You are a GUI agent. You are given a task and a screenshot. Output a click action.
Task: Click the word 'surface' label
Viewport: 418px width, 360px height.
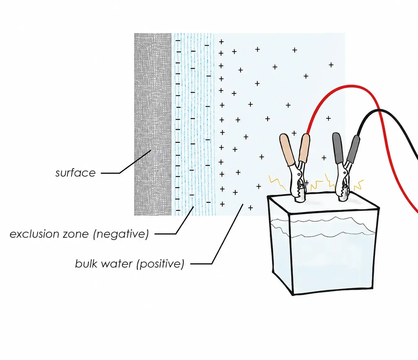pos(75,173)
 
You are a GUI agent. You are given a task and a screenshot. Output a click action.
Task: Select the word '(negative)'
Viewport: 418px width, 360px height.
pos(121,234)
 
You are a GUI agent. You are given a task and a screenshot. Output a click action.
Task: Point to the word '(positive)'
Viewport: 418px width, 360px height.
pos(160,264)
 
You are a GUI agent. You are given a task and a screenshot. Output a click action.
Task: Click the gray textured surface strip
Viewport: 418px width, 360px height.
pos(153,124)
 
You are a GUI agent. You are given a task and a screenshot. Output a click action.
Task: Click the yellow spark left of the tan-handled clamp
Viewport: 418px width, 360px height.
pos(277,182)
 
